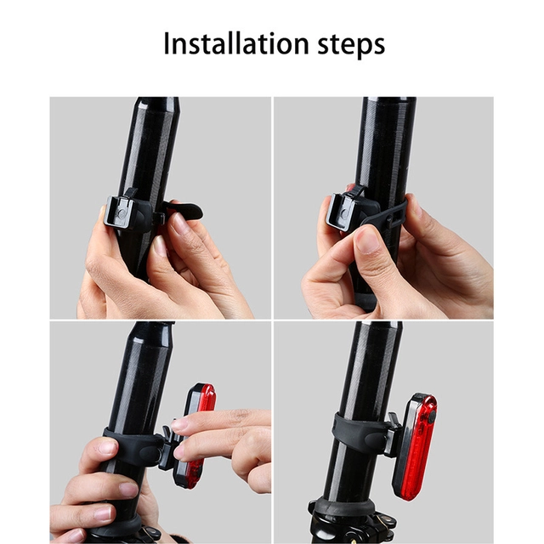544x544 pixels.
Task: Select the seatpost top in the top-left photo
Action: tap(158, 104)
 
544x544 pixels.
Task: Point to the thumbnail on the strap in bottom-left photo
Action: tap(106, 447)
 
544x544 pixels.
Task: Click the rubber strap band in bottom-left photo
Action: tap(136, 447)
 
